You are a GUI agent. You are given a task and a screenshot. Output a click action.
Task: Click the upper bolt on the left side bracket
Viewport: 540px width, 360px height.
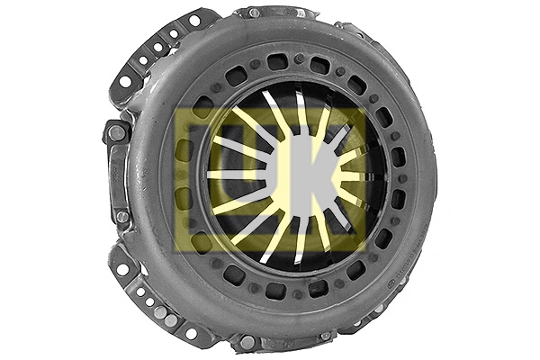117,133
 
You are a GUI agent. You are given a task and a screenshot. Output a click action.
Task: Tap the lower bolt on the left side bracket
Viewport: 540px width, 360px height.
121,217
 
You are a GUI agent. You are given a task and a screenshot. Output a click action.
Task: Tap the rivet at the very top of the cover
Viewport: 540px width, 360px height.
255,13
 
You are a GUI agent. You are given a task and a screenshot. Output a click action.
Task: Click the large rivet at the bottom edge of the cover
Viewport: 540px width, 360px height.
247,342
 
